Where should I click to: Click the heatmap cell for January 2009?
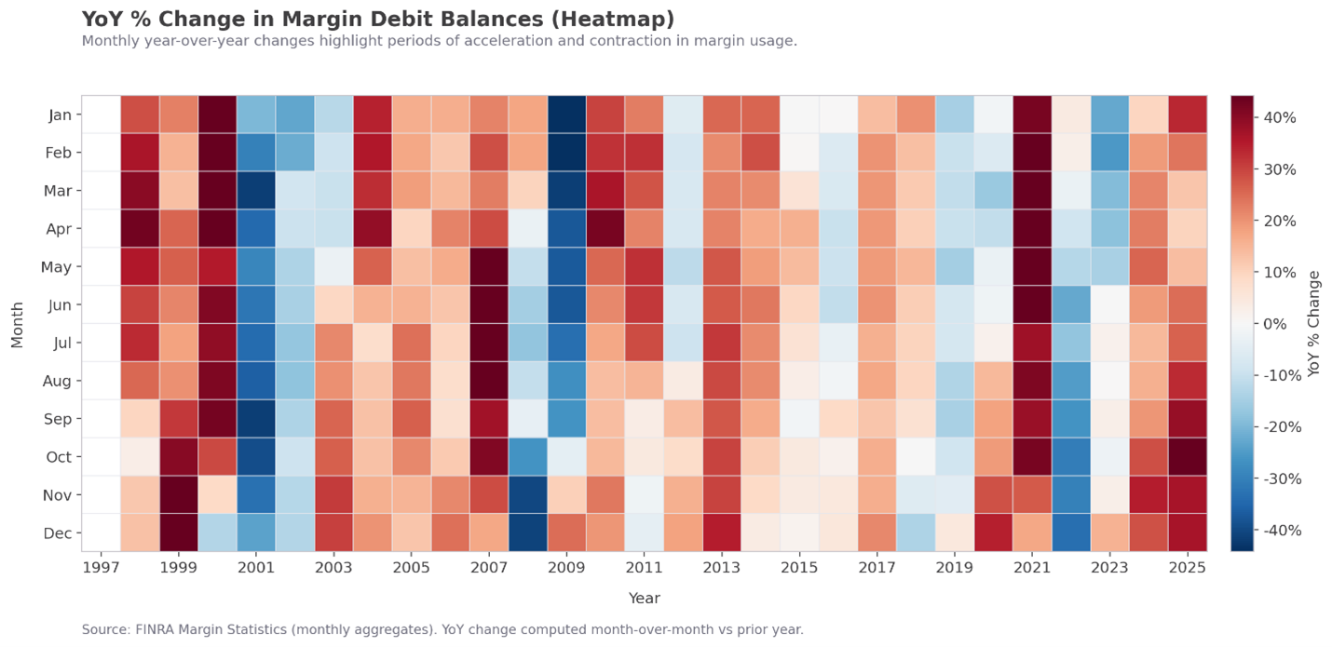point(566,115)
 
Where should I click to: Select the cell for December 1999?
point(179,532)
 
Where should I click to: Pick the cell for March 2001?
point(256,190)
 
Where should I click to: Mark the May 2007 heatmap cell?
point(489,266)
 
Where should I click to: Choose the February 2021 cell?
point(1032,152)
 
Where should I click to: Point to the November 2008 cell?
point(527,494)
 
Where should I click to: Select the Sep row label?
point(58,419)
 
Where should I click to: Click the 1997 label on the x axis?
point(101,566)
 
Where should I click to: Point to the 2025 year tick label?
point(1187,566)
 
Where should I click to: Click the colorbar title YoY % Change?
point(1314,323)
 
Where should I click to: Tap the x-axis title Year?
point(644,598)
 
